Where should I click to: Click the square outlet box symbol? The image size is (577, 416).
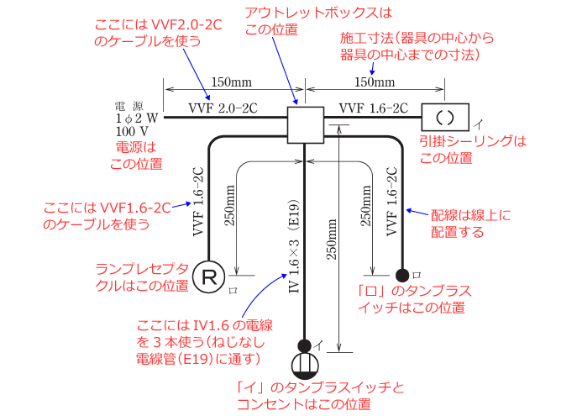coord(306,125)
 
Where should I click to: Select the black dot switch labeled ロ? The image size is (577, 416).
coord(402,275)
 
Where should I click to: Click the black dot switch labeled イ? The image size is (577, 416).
coord(304,345)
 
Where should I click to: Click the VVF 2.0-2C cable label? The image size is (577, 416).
coord(221,108)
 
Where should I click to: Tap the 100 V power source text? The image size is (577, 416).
coord(132,131)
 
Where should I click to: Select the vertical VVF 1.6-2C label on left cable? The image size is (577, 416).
coord(198,202)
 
